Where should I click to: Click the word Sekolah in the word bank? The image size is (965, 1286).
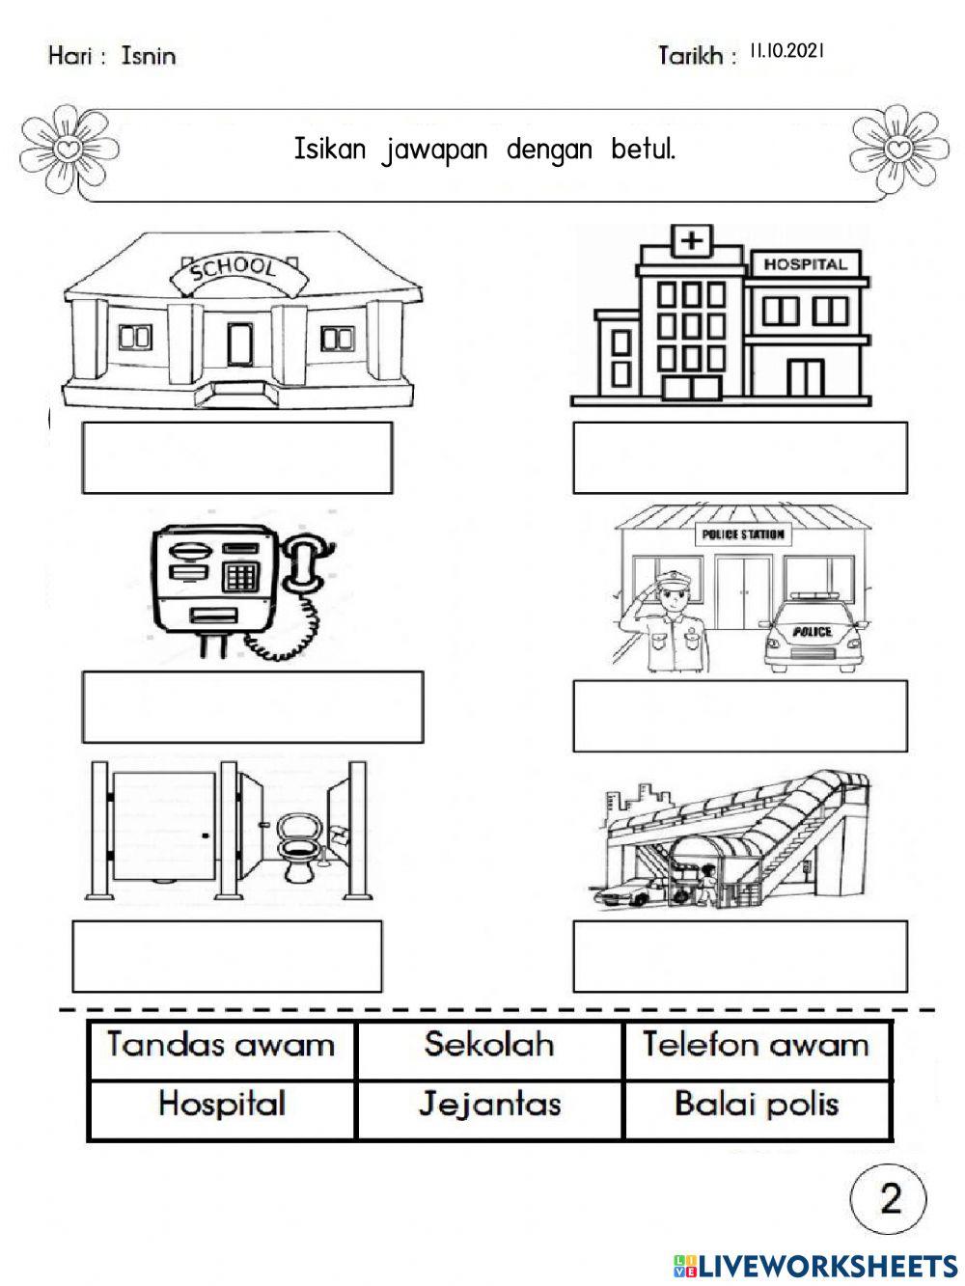click(489, 1045)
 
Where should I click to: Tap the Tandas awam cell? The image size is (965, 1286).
click(221, 1045)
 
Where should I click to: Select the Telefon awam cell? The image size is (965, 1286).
click(756, 1045)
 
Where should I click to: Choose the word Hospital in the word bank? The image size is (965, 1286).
click(221, 1104)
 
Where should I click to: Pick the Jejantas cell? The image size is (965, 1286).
click(489, 1104)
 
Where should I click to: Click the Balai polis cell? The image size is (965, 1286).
click(756, 1104)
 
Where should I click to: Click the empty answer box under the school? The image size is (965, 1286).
click(237, 457)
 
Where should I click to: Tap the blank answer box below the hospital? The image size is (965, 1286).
click(739, 457)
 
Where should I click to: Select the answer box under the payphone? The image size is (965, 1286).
click(252, 707)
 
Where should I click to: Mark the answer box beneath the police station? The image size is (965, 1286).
click(739, 716)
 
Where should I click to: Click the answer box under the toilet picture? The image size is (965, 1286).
click(227, 955)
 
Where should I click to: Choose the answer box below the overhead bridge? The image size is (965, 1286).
click(739, 955)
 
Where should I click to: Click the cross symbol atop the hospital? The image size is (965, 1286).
click(690, 239)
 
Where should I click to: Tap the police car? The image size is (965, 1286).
click(813, 641)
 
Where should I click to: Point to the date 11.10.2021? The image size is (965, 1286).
click(786, 51)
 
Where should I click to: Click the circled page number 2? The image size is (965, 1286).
click(889, 1198)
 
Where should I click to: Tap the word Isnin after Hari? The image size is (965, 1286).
click(149, 56)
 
